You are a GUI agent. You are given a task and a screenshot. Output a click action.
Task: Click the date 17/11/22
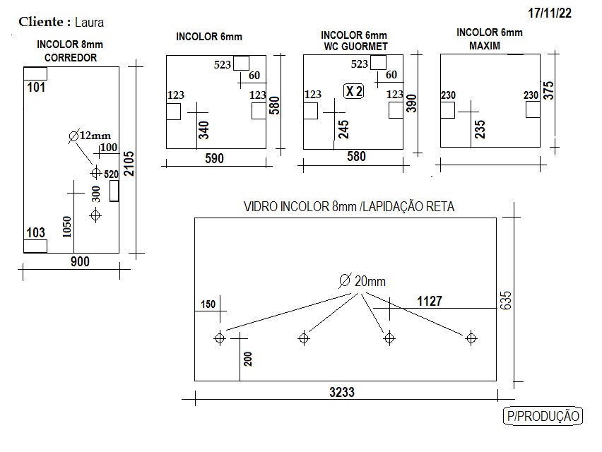[550, 13]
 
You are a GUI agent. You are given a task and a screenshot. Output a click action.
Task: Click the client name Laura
[89, 23]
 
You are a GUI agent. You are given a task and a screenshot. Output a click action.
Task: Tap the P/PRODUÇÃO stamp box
[543, 416]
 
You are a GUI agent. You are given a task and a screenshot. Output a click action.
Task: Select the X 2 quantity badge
[353, 91]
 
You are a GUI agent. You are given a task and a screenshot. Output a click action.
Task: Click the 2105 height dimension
[129, 163]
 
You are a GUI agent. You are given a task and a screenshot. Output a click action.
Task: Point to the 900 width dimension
[80, 262]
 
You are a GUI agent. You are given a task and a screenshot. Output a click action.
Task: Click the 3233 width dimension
[342, 392]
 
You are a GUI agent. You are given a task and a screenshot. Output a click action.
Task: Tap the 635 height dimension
[506, 300]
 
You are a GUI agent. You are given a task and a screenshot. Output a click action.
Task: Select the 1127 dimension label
[430, 301]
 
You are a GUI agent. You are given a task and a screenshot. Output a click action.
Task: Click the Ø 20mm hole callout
[362, 281]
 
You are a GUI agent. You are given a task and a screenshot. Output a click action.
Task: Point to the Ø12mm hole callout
[90, 136]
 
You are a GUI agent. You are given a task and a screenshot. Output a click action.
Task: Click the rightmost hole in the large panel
[471, 338]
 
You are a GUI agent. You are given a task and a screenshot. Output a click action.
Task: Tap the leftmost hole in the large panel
[220, 338]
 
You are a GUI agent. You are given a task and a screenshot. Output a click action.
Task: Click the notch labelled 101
[35, 73]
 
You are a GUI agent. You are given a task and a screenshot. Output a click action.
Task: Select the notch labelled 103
[35, 246]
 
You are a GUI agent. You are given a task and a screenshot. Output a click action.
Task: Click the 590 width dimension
[214, 158]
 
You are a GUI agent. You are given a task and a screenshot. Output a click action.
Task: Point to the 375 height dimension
[549, 90]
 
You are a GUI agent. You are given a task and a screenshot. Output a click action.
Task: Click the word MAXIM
[485, 46]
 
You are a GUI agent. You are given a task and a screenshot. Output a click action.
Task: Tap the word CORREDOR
[71, 58]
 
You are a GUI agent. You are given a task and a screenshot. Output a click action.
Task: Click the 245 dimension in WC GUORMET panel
[343, 129]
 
